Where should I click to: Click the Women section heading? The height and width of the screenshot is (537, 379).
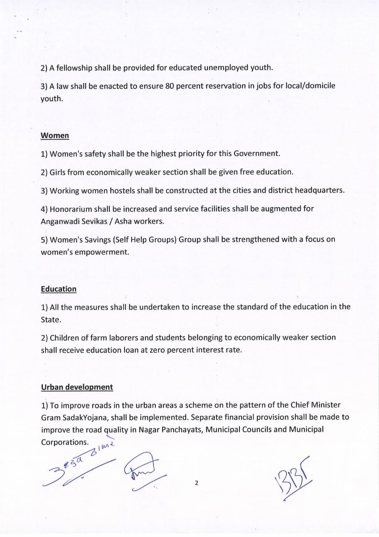(x=55, y=136)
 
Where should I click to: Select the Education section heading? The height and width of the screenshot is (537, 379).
(x=59, y=289)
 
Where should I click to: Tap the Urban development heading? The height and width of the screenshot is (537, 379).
(x=77, y=387)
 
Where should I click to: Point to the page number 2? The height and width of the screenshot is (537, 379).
(x=196, y=483)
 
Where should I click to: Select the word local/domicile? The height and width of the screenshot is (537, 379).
(x=310, y=86)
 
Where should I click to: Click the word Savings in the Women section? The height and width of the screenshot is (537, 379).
(x=93, y=240)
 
